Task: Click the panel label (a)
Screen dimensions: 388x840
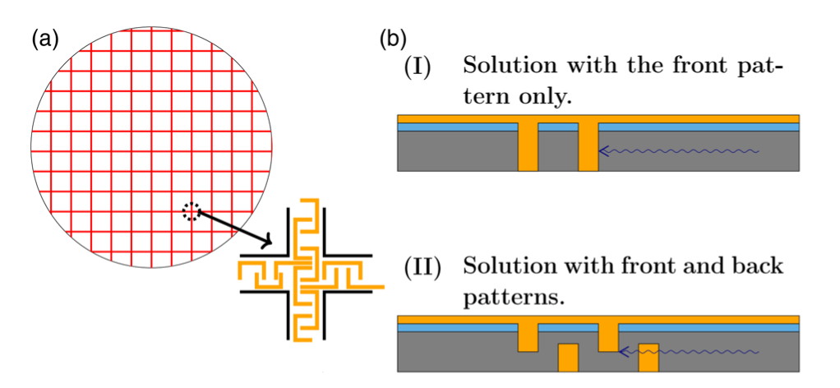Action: pos(44,38)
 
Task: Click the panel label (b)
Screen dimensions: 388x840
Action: pos(391,38)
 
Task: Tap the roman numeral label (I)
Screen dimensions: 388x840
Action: pos(419,67)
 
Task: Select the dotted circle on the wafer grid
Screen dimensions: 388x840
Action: pos(191,212)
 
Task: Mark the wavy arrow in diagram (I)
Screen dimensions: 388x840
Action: pos(679,151)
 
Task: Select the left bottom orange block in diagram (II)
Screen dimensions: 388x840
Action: pos(568,357)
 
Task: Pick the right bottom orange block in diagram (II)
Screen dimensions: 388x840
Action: pos(648,357)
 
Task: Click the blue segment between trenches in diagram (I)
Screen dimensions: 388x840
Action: pos(558,127)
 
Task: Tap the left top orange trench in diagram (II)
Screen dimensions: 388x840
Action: pos(528,335)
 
